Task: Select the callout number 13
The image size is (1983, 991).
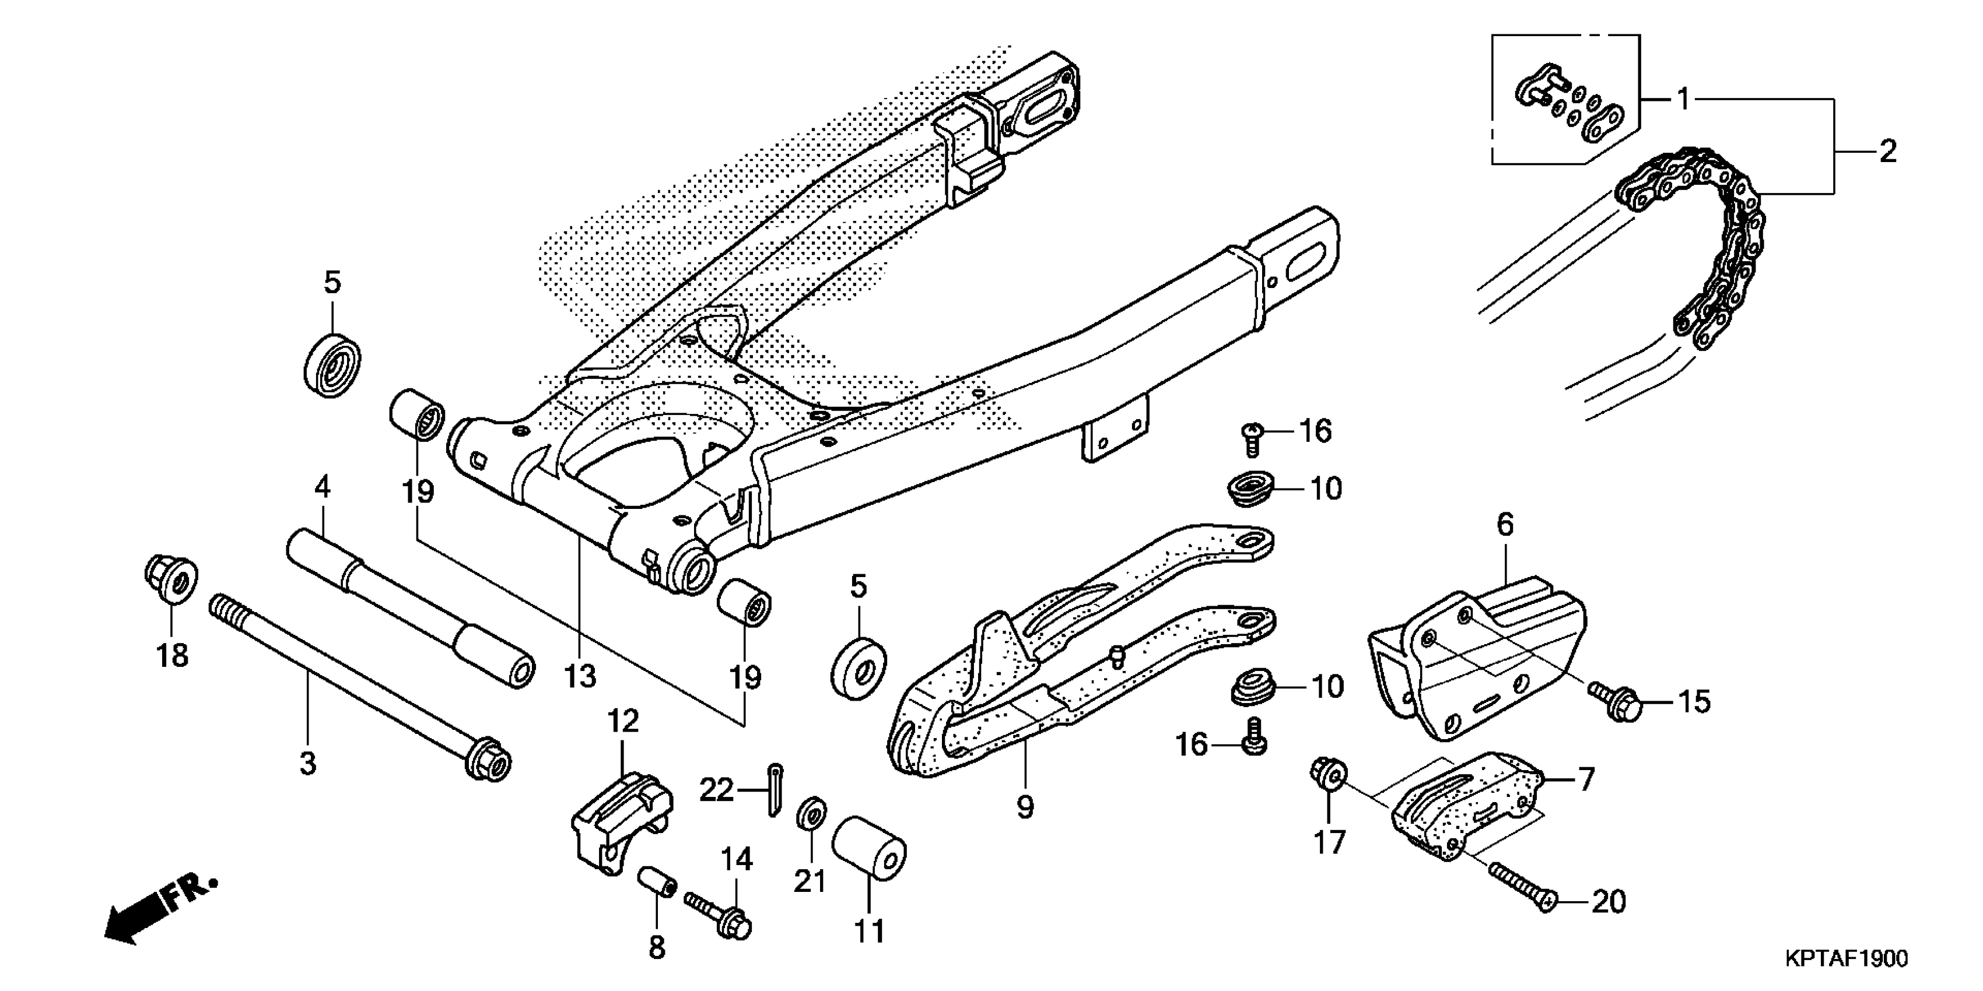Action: [580, 677]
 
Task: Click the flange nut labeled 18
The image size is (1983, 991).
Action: [171, 579]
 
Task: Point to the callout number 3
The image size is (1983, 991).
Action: [307, 764]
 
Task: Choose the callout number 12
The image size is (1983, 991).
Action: [623, 722]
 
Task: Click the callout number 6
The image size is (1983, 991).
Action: [1505, 525]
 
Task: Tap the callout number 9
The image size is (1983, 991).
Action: [1025, 807]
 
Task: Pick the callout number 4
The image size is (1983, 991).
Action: [323, 486]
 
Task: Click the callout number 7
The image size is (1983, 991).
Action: [1586, 780]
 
